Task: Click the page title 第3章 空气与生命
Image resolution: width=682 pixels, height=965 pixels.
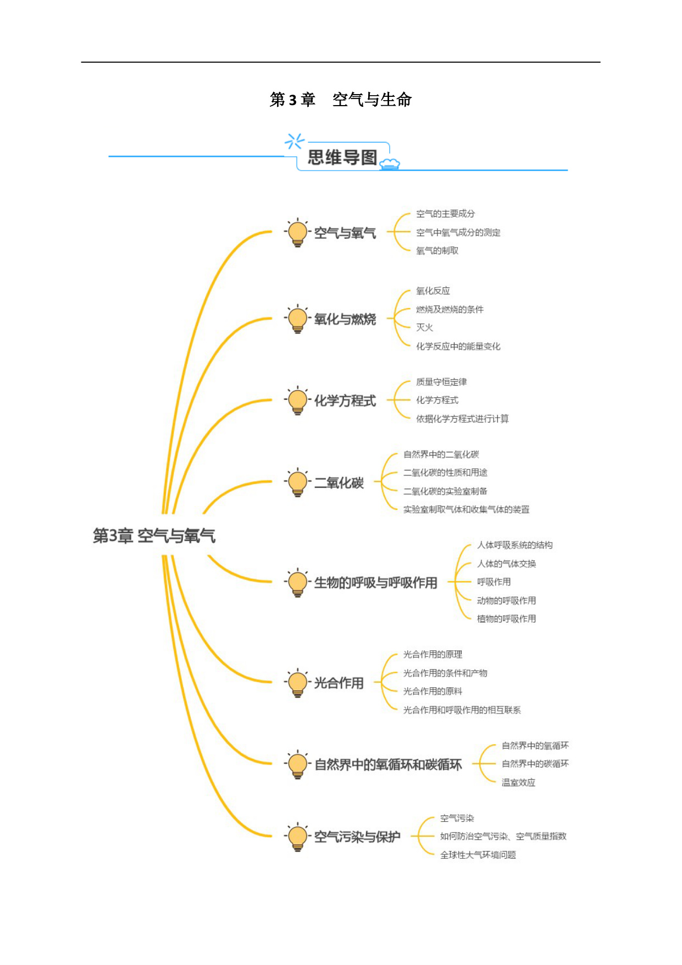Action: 341,100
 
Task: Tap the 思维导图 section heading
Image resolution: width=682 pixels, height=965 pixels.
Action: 342,157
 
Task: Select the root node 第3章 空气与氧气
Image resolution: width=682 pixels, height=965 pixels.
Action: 154,535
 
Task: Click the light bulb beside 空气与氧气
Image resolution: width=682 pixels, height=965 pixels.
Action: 297,233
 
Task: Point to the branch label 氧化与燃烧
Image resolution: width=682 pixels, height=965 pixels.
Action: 345,319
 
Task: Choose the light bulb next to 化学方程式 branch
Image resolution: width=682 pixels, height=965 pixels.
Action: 297,401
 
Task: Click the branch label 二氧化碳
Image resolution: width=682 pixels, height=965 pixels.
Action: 339,482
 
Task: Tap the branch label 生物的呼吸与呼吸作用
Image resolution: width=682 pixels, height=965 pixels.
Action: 376,583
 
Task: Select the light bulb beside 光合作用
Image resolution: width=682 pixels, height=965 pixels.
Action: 297,683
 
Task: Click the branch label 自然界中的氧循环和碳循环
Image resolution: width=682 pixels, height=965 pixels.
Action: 388,765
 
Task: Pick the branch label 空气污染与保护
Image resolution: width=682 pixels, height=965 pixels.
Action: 357,837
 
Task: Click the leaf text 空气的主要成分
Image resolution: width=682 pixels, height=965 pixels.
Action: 445,213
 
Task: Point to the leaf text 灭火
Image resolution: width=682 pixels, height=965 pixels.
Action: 424,327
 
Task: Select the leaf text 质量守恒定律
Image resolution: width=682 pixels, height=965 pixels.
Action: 441,382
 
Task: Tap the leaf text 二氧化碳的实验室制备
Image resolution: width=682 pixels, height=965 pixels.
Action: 445,491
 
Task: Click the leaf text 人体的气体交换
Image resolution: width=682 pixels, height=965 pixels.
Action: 507,563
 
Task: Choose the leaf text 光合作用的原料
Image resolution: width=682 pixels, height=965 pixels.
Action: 433,691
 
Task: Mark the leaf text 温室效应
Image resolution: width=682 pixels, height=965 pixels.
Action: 518,782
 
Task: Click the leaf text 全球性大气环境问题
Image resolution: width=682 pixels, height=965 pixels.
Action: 478,854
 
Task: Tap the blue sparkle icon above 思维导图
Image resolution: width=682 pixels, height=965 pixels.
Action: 294,141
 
